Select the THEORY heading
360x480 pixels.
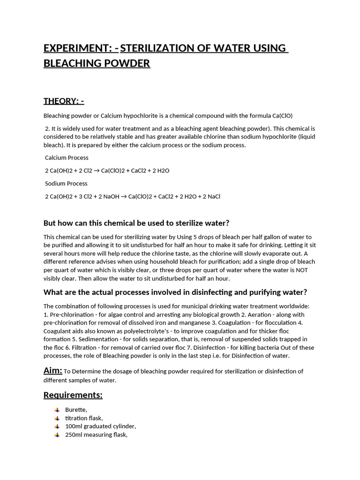pos(64,101)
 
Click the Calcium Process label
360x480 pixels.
pos(67,157)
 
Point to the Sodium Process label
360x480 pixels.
pos(66,183)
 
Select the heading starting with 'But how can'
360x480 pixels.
pos(136,223)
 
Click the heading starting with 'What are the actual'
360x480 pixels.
pos(175,292)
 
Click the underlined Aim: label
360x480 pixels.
pos(52,371)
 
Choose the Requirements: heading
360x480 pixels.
pos(73,395)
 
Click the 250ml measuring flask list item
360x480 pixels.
pos(96,435)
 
